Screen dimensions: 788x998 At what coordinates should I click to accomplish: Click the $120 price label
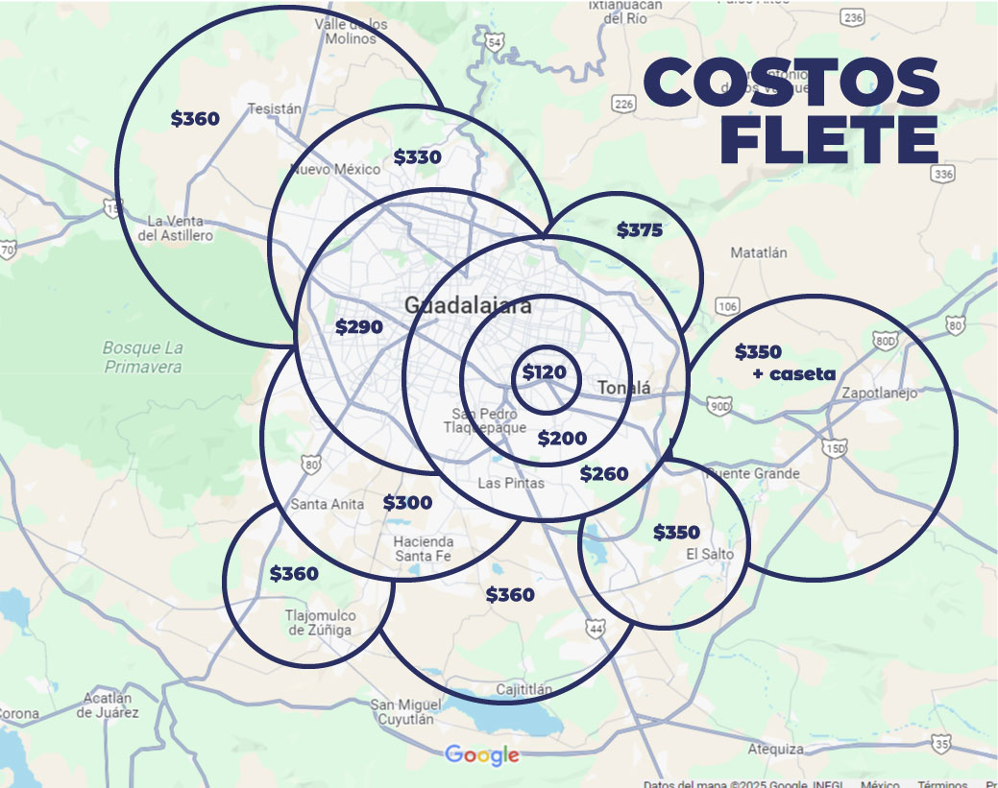click(545, 373)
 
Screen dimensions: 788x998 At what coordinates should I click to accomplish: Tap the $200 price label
click(562, 439)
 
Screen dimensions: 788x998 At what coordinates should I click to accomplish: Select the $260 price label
click(604, 474)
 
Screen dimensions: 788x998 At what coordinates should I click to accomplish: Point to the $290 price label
click(359, 327)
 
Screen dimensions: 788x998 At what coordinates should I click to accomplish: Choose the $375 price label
click(640, 230)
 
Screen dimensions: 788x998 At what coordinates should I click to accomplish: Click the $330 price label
click(418, 157)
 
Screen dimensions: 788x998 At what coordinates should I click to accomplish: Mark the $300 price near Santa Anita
click(407, 503)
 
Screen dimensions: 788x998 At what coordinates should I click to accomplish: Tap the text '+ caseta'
click(794, 373)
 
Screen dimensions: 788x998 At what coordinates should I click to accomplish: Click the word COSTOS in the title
click(791, 83)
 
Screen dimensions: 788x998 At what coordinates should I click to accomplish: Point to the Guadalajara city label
click(468, 306)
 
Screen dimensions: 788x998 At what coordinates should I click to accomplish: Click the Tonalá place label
click(624, 388)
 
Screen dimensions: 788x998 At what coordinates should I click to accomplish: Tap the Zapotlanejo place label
click(879, 394)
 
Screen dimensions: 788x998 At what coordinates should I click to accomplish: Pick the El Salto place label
click(710, 554)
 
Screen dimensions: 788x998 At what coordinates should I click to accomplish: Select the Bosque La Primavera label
click(143, 357)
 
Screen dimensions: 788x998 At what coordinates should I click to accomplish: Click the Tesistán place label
click(275, 109)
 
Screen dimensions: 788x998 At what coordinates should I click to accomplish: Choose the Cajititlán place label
click(524, 689)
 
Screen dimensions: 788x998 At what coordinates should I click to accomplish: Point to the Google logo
click(482, 755)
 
